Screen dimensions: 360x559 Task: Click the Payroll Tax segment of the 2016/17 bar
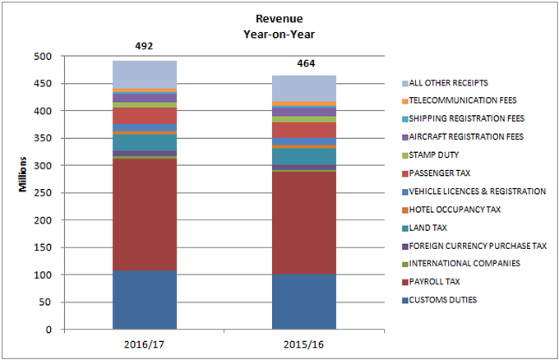(145, 214)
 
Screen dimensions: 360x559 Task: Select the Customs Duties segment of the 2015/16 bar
(304, 302)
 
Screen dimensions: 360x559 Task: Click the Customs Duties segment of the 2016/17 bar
(145, 300)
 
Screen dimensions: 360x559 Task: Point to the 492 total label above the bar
(145, 47)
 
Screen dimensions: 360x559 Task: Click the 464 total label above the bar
(305, 63)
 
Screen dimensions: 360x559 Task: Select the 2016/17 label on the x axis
(145, 342)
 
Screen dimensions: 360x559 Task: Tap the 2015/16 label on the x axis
(304, 342)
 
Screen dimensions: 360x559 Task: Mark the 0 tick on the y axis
(50, 330)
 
